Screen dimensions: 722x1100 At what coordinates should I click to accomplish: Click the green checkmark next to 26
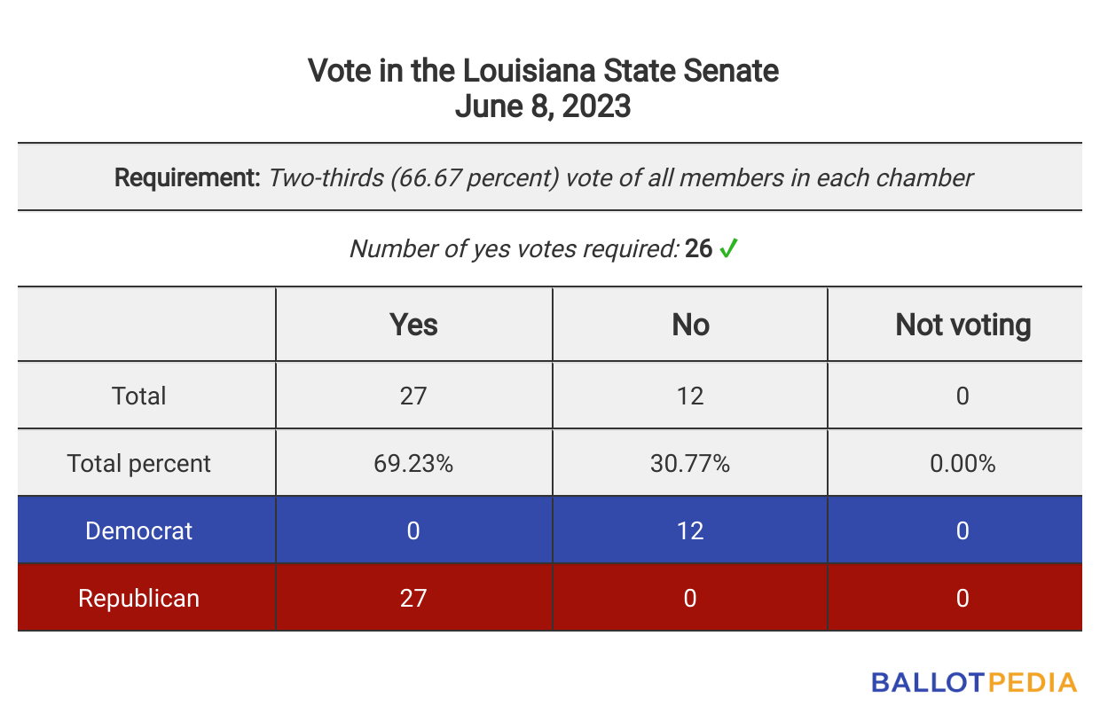click(728, 249)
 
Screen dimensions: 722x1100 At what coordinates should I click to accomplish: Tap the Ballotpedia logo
click(973, 682)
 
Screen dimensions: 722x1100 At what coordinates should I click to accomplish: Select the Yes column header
click(413, 325)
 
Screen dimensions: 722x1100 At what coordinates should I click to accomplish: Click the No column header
click(690, 325)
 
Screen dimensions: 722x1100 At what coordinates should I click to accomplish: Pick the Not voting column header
click(962, 325)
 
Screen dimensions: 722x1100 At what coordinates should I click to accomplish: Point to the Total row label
click(139, 396)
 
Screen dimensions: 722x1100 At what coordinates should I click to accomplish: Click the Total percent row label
click(139, 463)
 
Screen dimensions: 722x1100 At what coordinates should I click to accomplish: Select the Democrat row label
click(139, 530)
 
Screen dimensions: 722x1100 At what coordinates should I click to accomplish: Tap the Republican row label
click(139, 598)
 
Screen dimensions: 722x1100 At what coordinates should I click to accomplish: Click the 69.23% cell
click(413, 463)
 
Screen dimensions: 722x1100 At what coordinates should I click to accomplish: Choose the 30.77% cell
click(690, 463)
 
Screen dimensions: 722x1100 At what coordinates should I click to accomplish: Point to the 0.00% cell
click(962, 463)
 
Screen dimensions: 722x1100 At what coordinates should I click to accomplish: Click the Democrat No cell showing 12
click(690, 530)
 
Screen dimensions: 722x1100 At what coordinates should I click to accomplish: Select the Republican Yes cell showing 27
click(413, 598)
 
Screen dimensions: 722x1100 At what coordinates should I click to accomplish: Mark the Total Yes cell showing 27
click(413, 396)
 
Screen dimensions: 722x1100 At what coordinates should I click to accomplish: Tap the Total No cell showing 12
click(690, 396)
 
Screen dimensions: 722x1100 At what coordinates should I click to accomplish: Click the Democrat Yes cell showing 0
click(413, 530)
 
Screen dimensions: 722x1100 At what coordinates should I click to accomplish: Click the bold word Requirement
click(186, 177)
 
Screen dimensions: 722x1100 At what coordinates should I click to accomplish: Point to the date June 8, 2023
click(543, 106)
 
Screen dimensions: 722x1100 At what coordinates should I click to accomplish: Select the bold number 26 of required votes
click(698, 249)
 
